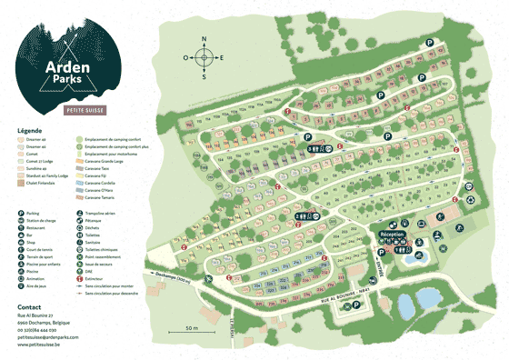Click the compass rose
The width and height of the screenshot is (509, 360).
click(x=204, y=57)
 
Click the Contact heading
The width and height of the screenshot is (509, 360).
click(x=29, y=306)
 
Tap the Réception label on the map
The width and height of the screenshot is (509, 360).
click(x=392, y=234)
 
